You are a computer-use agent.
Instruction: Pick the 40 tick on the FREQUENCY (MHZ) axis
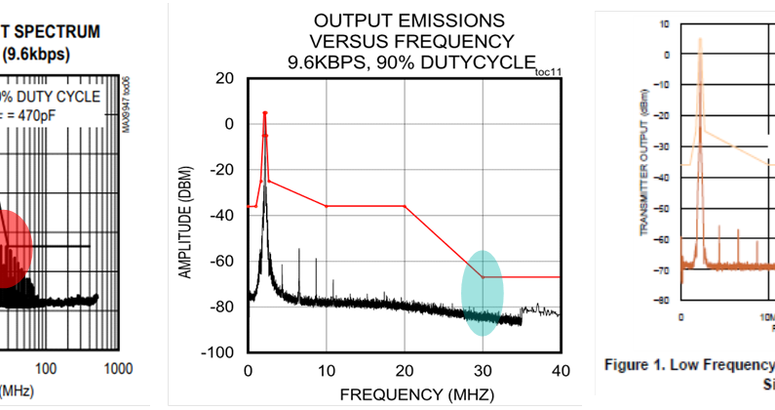click(x=560, y=370)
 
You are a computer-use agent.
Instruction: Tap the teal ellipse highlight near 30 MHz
click(x=483, y=293)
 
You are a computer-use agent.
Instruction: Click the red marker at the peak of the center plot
click(x=265, y=113)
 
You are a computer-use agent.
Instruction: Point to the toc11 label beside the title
click(x=549, y=70)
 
